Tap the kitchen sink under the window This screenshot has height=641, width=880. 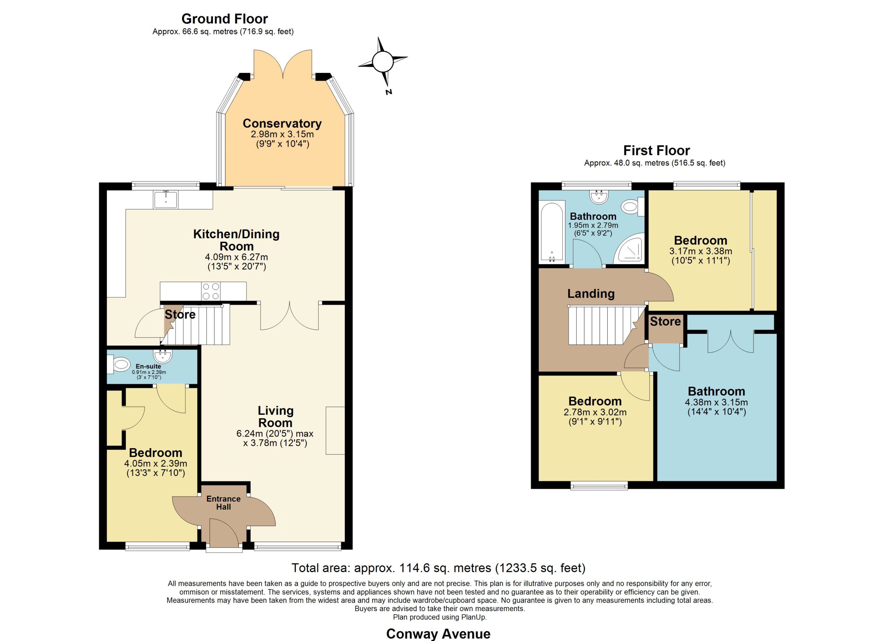coord(166,200)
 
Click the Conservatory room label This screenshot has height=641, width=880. coord(282,124)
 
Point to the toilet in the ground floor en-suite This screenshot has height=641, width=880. coord(120,365)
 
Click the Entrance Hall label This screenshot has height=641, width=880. coord(223,503)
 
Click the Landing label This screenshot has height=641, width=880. coord(591,294)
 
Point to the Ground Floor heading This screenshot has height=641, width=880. coord(225,19)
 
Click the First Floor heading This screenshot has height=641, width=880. coord(657,150)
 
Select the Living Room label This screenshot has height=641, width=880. coord(275,417)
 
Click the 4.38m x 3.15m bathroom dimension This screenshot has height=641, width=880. coord(717,402)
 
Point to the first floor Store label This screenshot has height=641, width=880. coord(665,321)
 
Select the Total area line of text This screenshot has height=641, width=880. coord(438,568)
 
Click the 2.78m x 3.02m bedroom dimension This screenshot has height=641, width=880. coord(595,412)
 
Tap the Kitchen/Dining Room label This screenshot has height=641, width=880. coord(236,240)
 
